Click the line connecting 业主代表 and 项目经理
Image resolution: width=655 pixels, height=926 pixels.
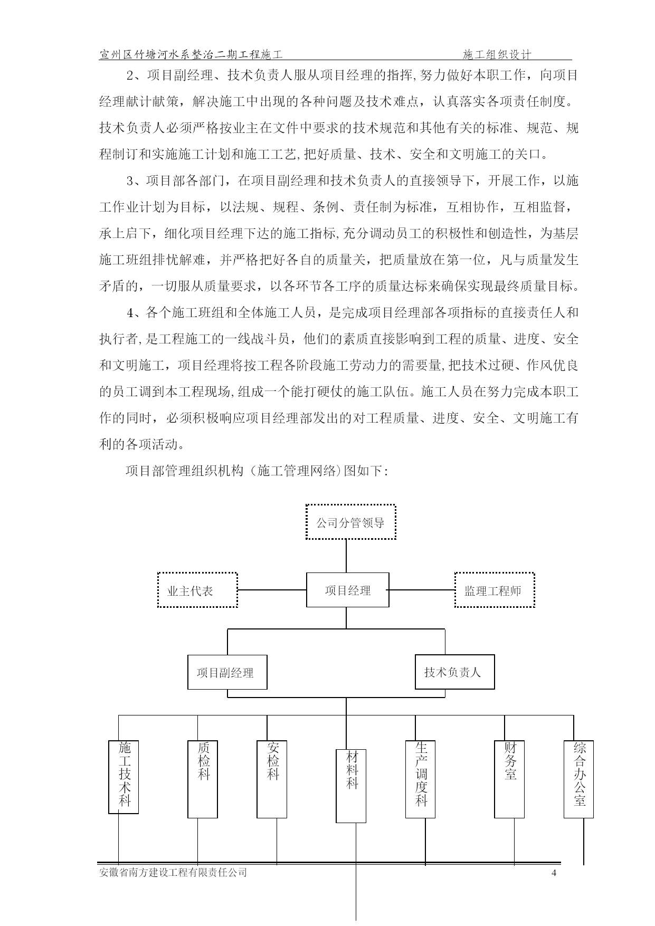click(x=272, y=590)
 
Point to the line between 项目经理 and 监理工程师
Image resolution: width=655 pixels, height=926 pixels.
click(x=422, y=590)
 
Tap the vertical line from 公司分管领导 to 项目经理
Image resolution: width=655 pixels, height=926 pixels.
click(x=346, y=556)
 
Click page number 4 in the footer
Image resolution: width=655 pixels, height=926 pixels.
click(x=554, y=873)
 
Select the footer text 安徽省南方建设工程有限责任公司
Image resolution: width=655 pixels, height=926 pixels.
click(x=173, y=873)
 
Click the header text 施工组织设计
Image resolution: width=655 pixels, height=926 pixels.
click(x=497, y=54)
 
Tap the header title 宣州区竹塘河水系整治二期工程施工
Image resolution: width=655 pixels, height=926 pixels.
click(x=191, y=54)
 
